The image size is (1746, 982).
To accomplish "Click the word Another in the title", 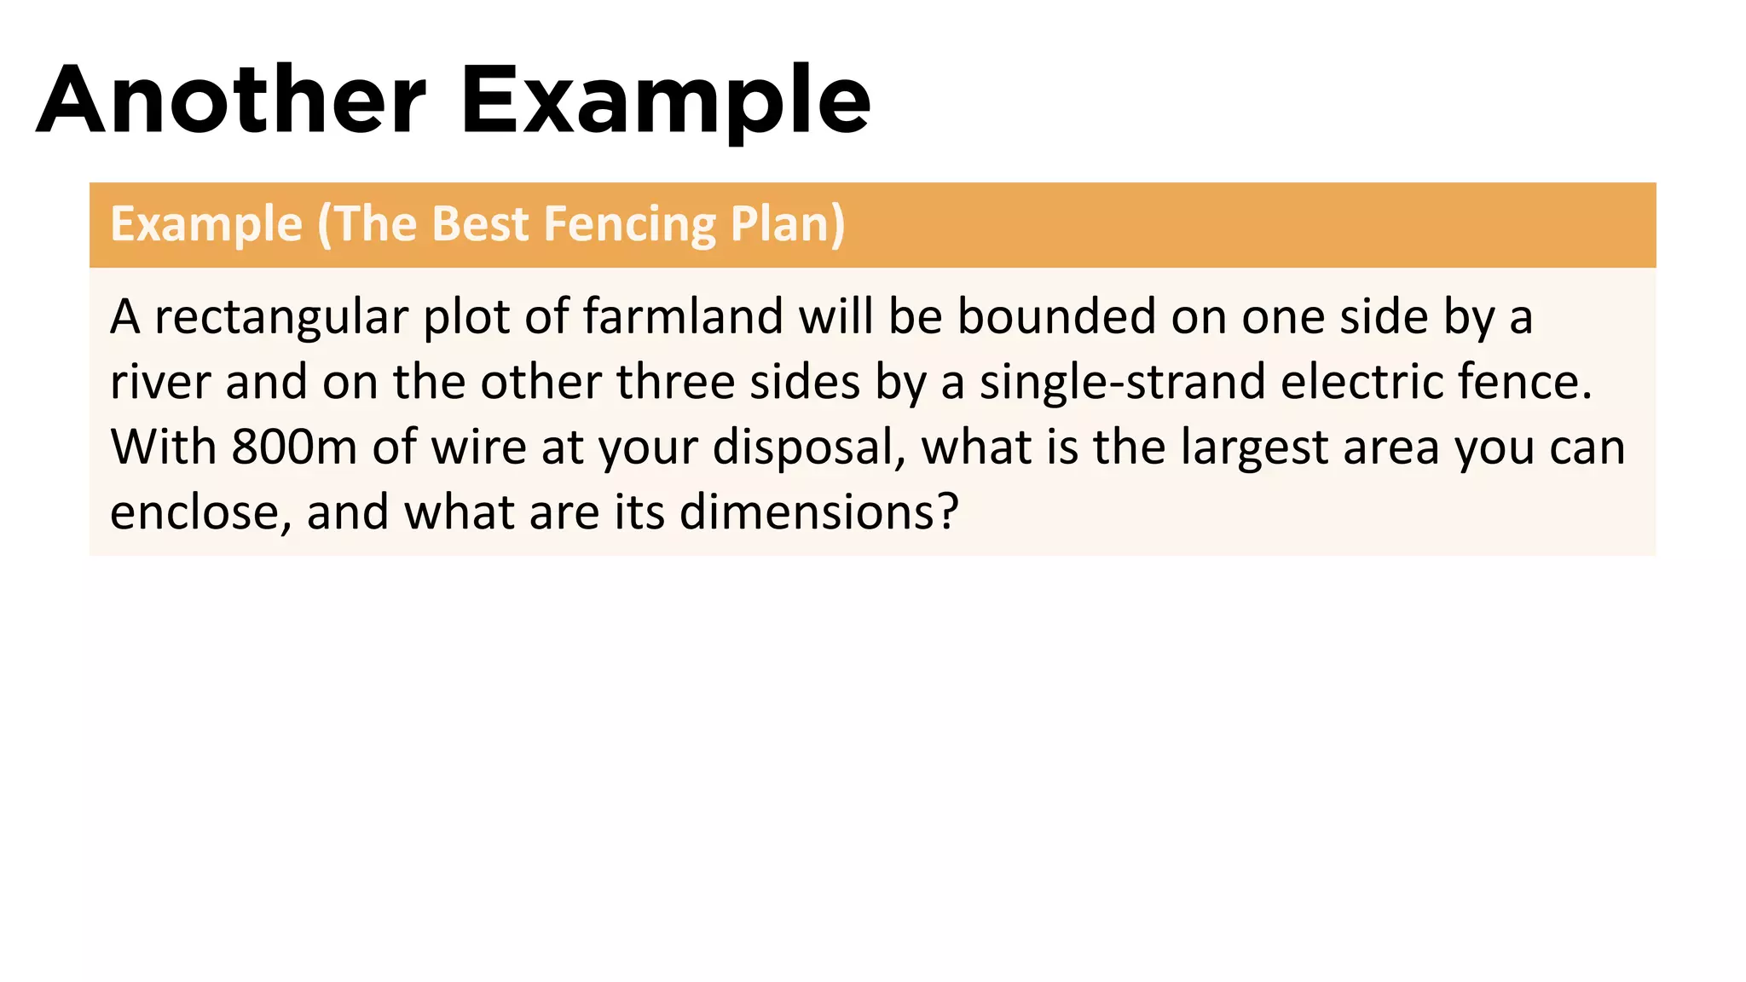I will [x=231, y=101].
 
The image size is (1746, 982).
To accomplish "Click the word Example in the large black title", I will [x=666, y=101].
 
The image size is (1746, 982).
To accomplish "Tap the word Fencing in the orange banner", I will [x=630, y=224].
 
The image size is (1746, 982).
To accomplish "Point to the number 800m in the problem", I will [x=293, y=447].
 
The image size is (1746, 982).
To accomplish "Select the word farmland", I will [x=683, y=317].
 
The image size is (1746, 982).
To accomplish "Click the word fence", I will [x=1525, y=382].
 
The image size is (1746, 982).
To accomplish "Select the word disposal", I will [x=809, y=447].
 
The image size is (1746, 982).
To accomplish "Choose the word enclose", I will [x=201, y=512].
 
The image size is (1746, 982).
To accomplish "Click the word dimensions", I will [x=818, y=512].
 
